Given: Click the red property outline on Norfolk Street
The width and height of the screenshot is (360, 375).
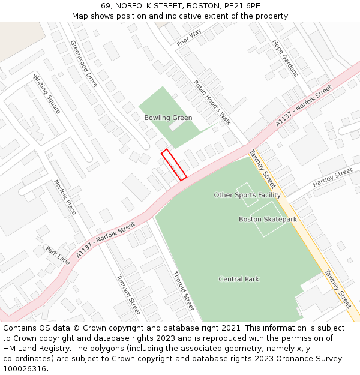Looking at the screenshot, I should (x=173, y=164).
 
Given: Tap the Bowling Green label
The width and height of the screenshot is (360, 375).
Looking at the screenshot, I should (x=168, y=118).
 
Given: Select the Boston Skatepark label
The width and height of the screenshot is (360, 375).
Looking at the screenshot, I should (x=268, y=220).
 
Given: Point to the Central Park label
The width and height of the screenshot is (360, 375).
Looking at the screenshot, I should (x=239, y=279).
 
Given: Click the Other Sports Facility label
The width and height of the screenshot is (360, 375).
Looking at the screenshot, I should (x=247, y=195).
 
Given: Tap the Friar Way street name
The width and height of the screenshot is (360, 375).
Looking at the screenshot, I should (x=189, y=38).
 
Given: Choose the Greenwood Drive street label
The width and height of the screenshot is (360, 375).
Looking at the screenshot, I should (x=83, y=64).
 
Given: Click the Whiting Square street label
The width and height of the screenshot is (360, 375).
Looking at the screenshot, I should (x=46, y=94).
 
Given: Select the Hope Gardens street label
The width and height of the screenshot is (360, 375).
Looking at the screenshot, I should (x=285, y=58).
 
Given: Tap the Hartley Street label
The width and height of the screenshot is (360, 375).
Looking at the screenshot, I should (x=332, y=177).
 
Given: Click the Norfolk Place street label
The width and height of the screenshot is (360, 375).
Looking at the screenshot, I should (x=65, y=197).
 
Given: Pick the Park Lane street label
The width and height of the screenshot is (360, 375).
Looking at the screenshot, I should (x=58, y=255).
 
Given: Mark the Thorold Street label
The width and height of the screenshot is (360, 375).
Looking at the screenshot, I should (x=183, y=291).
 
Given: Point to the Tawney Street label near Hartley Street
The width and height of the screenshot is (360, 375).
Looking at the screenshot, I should (x=263, y=169).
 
